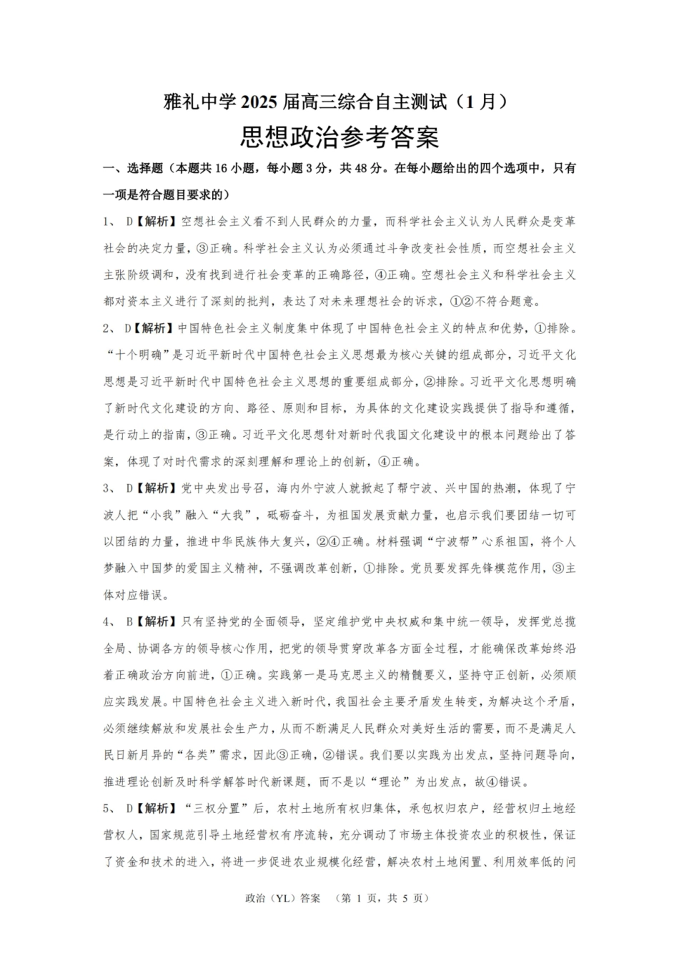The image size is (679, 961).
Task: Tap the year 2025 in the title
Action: coord(261,102)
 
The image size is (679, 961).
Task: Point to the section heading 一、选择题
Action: coord(133,169)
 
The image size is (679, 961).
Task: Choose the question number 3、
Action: coord(110,488)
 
